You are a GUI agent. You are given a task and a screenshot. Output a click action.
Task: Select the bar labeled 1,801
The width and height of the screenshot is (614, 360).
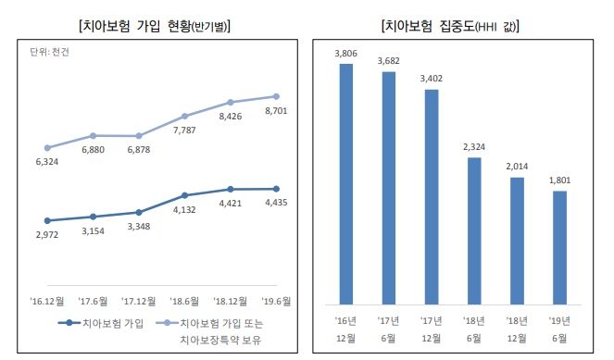[x=560, y=247]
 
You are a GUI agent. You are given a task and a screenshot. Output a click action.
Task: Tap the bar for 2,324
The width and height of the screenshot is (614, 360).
[x=474, y=230]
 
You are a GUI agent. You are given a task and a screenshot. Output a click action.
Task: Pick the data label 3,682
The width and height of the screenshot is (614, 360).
[x=389, y=61]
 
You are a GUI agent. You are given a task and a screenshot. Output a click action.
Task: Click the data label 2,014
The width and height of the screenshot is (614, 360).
[x=517, y=167]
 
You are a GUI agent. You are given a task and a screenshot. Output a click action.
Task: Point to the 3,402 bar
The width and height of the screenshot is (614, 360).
[x=432, y=196]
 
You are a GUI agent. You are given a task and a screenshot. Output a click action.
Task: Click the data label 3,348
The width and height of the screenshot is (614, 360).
[x=139, y=227]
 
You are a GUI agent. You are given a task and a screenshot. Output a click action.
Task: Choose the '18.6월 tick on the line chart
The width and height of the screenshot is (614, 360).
[x=185, y=301]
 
